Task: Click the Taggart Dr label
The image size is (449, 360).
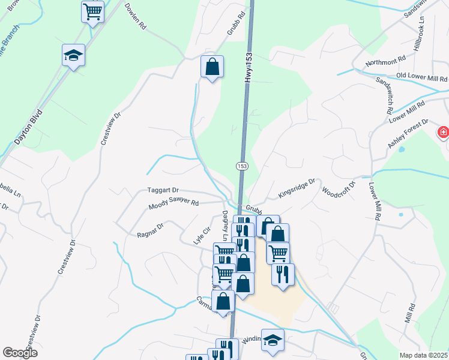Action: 163,190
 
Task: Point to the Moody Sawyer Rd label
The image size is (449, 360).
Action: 173,204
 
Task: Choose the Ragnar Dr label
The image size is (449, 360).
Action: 150,227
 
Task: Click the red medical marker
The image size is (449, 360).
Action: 443,131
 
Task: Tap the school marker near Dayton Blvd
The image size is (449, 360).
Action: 73,55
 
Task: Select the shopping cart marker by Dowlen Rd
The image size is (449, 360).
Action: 92,11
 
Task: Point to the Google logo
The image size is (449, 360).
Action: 20,353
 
